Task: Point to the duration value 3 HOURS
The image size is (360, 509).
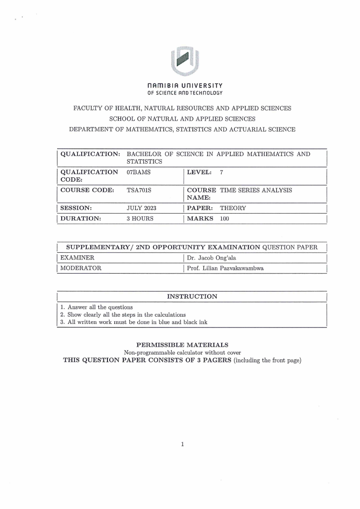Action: tap(140, 218)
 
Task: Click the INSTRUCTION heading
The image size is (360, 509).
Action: tap(192, 296)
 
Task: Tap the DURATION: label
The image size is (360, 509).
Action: tap(80, 218)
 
